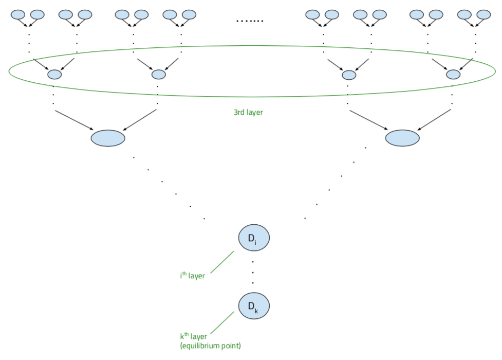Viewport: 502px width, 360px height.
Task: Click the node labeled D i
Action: click(x=254, y=238)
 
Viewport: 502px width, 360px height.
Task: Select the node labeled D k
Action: click(x=254, y=306)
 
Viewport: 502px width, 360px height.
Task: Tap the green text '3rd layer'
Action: click(x=248, y=112)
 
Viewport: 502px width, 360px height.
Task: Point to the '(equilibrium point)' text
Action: click(x=211, y=346)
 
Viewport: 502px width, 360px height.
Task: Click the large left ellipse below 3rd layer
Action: click(x=108, y=138)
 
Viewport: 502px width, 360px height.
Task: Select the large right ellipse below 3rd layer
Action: click(x=402, y=138)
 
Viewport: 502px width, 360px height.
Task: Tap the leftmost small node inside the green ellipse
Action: click(x=54, y=75)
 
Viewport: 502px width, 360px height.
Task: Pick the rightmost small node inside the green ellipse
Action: click(x=453, y=75)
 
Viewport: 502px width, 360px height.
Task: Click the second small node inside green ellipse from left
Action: click(x=159, y=75)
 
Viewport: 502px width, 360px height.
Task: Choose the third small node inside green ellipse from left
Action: click(x=349, y=75)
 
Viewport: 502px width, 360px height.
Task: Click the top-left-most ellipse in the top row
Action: click(x=18, y=14)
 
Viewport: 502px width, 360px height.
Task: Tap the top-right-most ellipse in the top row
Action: click(x=484, y=14)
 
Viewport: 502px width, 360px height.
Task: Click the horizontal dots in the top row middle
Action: click(x=249, y=21)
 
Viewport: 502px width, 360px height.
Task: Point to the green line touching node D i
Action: click(x=222, y=263)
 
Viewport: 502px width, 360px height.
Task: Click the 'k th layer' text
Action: click(x=193, y=336)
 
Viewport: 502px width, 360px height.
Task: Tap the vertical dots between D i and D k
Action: click(x=253, y=272)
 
